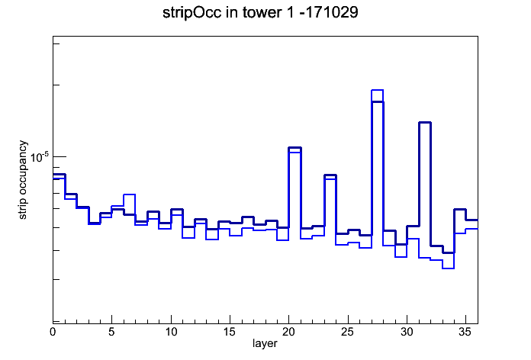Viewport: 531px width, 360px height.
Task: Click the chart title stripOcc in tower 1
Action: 227,13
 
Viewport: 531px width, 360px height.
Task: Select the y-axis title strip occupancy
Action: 22,180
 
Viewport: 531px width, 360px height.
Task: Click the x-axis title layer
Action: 265,344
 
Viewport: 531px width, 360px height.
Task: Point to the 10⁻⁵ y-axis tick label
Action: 40,157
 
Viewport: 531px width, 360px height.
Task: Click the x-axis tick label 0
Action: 53,332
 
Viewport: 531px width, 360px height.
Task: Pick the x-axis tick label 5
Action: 111,332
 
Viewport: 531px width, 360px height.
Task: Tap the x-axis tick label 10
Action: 171,332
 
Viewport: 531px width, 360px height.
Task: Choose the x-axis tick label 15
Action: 230,332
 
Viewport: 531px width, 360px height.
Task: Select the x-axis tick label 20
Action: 288,332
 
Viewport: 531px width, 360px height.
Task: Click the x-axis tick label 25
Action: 348,332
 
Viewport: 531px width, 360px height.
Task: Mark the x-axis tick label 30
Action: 407,332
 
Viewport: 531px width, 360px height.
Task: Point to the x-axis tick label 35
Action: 465,332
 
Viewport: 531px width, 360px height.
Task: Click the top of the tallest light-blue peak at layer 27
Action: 377,90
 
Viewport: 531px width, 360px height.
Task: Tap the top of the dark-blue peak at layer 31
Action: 425,122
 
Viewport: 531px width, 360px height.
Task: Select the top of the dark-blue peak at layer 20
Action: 294,148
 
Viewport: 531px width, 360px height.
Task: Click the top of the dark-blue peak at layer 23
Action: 330,175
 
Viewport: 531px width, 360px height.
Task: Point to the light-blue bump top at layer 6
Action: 130,194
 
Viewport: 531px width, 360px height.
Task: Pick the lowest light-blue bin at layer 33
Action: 448,268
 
